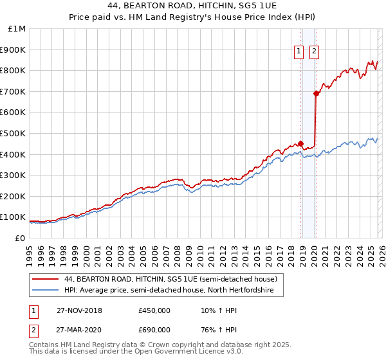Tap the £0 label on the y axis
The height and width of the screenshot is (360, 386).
point(20,238)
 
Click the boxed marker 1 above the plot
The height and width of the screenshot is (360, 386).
point(300,53)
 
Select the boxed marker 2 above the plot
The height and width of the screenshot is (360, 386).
point(315,53)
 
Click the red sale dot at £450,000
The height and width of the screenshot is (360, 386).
point(300,143)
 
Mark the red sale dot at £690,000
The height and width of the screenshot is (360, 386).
point(316,93)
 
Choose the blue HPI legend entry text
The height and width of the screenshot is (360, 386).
point(169,291)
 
